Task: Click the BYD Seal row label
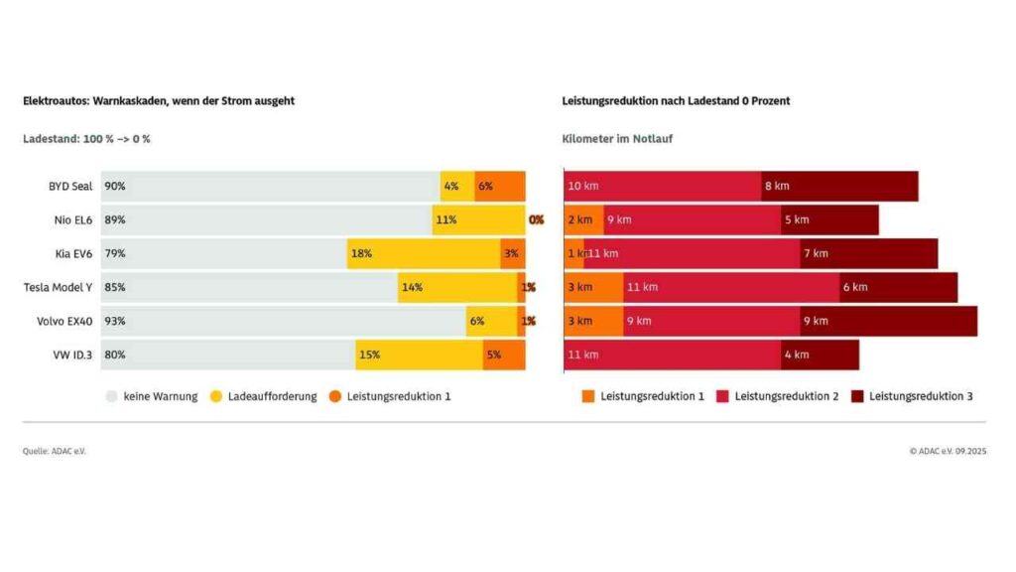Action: (x=70, y=186)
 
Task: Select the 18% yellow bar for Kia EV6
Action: (x=424, y=253)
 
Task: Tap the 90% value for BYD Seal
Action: (x=115, y=186)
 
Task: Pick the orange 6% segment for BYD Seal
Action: (x=499, y=186)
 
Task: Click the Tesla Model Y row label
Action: (x=59, y=287)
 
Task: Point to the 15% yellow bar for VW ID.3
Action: (x=419, y=355)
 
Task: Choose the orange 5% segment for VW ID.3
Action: (x=504, y=355)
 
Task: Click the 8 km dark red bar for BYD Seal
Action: (x=839, y=186)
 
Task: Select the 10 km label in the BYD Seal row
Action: (x=583, y=186)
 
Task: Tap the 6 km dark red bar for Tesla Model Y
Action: (x=898, y=287)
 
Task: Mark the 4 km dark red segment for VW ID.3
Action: (x=820, y=355)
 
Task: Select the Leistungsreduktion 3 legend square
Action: (x=857, y=396)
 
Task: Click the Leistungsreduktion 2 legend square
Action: (x=723, y=396)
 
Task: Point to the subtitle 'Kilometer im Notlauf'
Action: (x=617, y=139)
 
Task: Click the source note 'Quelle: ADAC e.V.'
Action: (x=55, y=451)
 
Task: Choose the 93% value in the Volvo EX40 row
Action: (x=115, y=321)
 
